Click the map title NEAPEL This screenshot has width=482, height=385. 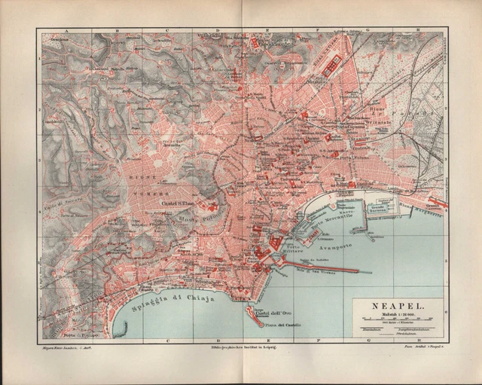pos(397,307)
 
